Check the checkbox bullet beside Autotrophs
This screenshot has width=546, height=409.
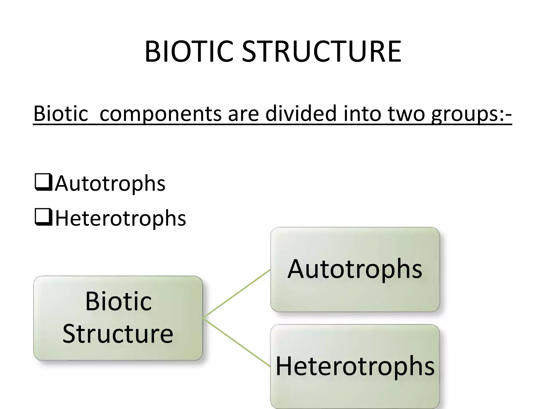(43, 182)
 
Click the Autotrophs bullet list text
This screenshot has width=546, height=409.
(110, 183)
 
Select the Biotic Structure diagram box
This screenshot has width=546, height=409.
(118, 318)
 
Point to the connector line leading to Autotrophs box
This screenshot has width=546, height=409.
(237, 293)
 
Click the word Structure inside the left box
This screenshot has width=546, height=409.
(118, 334)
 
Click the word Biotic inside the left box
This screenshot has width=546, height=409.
(118, 301)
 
